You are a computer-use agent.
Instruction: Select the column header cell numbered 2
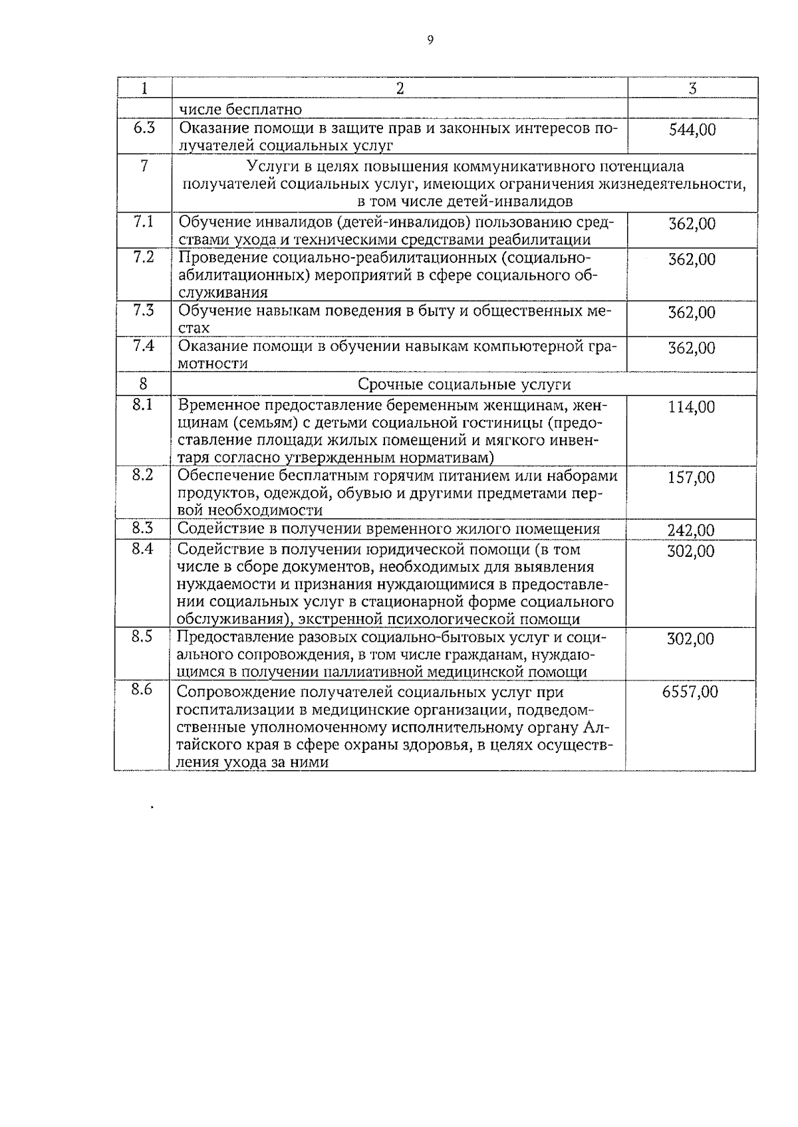tap(400, 88)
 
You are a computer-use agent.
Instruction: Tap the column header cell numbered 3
tap(692, 88)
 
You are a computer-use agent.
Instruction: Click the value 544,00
tap(692, 130)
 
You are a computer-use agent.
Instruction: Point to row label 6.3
tap(144, 128)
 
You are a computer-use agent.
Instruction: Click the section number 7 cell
tap(144, 166)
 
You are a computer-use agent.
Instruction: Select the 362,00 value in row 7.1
tap(692, 224)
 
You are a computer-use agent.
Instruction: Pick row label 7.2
tap(144, 257)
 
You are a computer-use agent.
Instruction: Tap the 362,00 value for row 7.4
tap(692, 348)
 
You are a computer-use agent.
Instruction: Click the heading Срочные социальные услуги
tap(464, 384)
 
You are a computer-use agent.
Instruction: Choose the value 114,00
tap(692, 407)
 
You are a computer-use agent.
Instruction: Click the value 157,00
tap(692, 478)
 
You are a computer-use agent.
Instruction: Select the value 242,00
tap(691, 530)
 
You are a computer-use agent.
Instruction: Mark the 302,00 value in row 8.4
tap(691, 552)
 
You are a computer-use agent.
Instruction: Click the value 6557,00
tap(690, 692)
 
